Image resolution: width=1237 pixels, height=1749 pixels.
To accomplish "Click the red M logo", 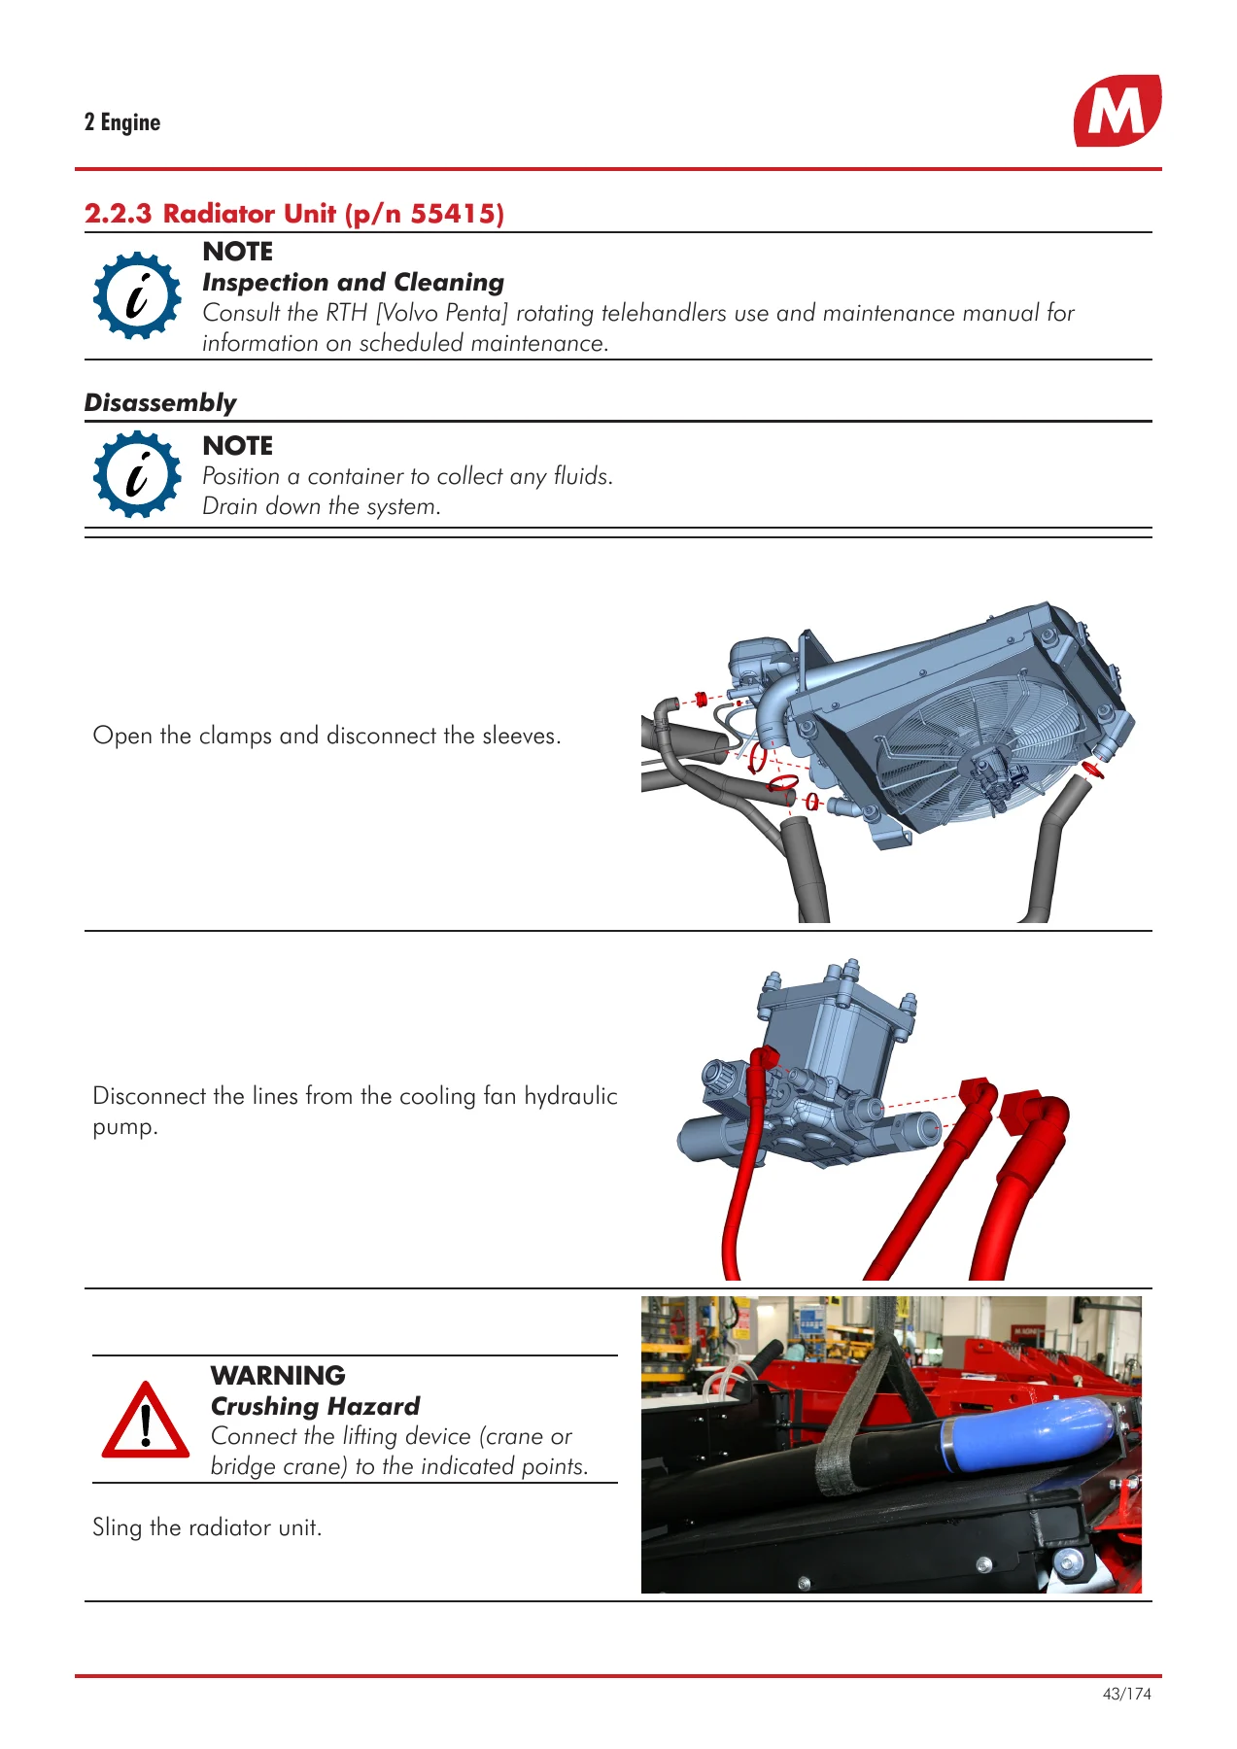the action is point(1117,111).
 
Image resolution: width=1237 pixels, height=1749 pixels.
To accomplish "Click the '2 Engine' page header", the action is point(122,122).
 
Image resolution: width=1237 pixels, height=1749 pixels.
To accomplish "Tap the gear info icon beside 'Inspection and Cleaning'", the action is point(137,295).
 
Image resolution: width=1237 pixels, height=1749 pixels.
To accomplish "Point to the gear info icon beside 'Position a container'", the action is point(137,475).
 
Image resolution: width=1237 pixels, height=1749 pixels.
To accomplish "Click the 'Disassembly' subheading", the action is point(160,402).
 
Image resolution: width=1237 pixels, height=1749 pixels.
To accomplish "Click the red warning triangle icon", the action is point(146,1420).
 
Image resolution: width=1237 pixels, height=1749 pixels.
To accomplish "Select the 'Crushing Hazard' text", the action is point(315,1406).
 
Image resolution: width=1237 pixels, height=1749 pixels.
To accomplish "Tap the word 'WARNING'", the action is point(278,1376).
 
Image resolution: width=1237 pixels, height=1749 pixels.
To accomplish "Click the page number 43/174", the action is point(1127,1694).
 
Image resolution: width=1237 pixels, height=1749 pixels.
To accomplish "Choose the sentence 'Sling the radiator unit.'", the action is point(207,1527).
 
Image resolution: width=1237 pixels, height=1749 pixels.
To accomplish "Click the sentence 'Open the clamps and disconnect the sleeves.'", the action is point(326,736).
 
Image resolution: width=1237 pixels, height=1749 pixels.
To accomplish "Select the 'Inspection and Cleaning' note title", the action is point(354,283).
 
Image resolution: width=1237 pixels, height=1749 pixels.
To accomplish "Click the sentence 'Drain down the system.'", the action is point(322,506).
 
